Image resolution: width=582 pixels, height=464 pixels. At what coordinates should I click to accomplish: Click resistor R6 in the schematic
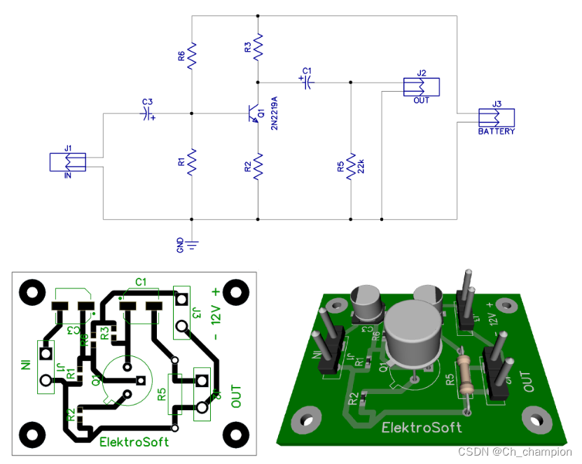(192, 53)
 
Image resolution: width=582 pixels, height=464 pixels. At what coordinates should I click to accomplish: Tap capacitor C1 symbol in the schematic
(306, 82)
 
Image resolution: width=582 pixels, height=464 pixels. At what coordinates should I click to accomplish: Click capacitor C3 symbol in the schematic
(147, 113)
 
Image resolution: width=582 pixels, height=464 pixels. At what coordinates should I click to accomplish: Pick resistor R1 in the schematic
(192, 162)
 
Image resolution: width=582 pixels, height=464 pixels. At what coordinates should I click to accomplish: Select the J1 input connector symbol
(67, 162)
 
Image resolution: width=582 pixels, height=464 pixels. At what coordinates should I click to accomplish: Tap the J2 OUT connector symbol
(422, 86)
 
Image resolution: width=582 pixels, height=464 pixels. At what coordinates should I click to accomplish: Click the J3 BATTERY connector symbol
(496, 117)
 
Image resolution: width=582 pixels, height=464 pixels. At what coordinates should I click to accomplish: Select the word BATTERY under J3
(496, 132)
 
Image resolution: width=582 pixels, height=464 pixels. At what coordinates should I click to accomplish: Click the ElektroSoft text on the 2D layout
(134, 442)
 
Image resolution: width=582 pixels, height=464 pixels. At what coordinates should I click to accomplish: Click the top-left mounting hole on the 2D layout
(32, 290)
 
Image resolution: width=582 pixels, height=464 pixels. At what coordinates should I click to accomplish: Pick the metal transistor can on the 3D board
(413, 335)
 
